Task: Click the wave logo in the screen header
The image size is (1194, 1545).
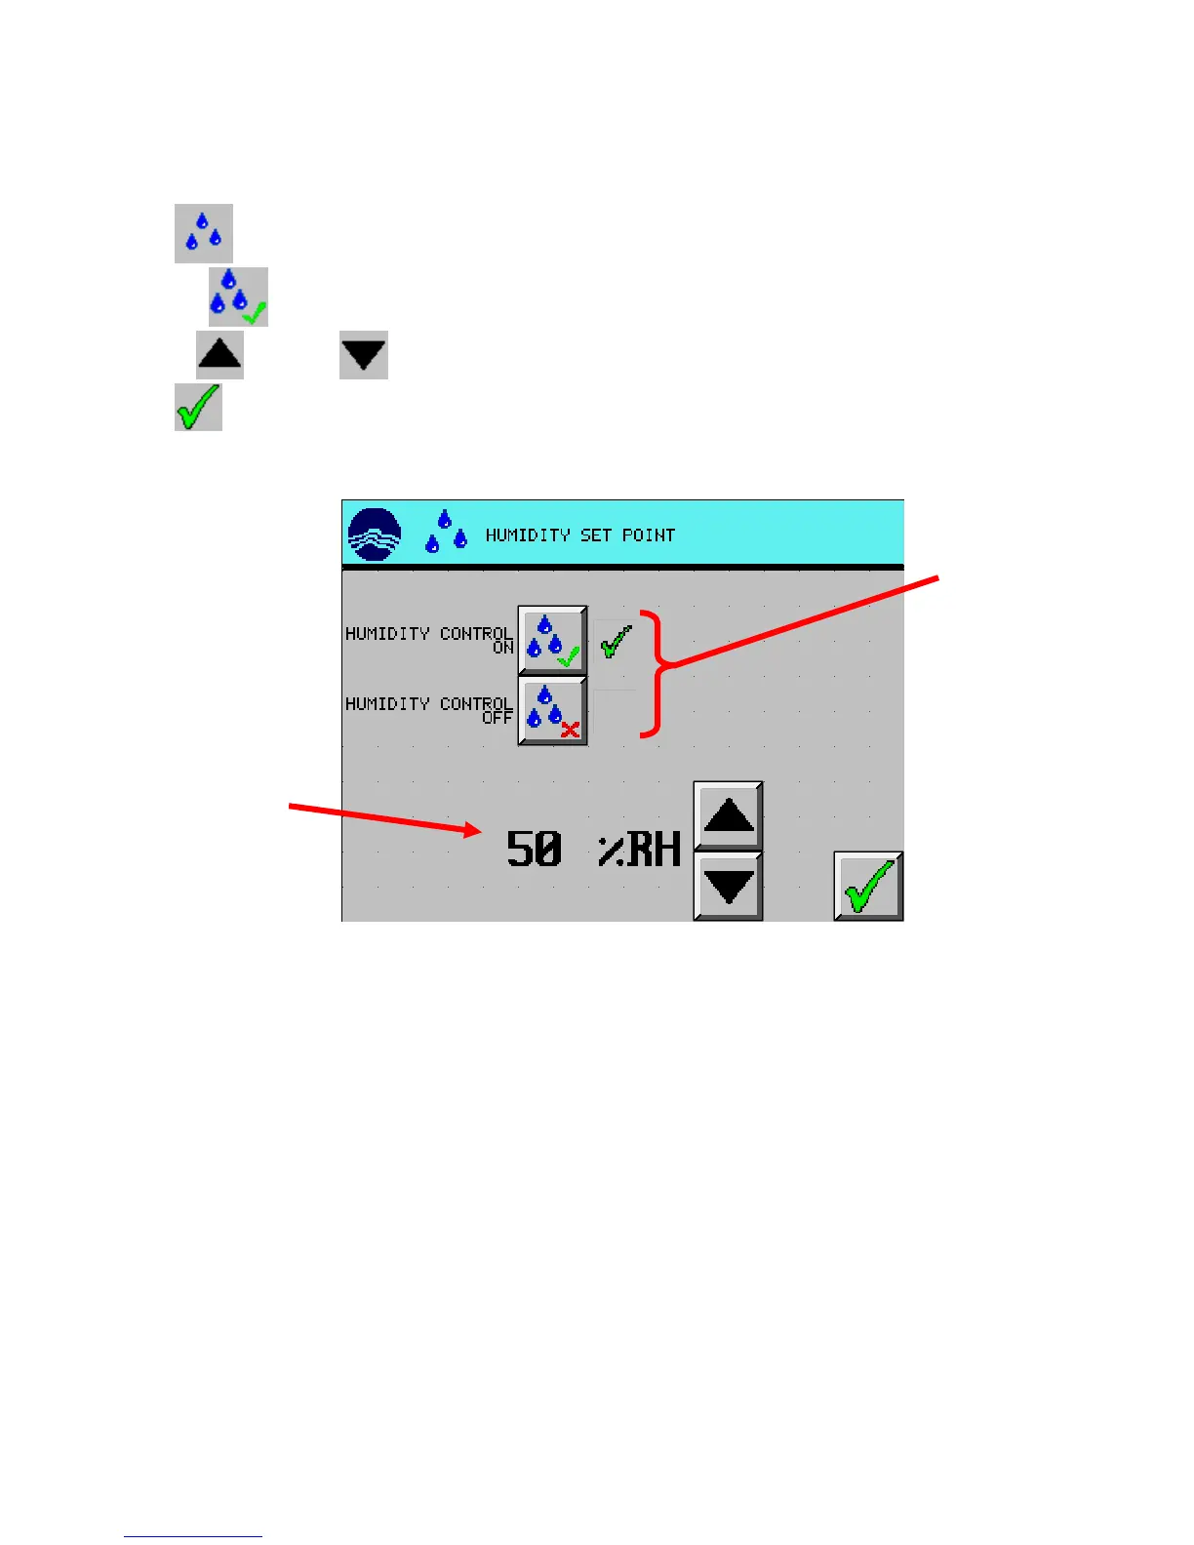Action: point(375,535)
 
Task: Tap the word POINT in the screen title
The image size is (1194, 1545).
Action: point(649,535)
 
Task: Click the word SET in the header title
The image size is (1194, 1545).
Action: point(595,535)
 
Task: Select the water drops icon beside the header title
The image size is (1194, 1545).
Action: point(446,532)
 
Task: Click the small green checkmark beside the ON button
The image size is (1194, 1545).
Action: point(616,642)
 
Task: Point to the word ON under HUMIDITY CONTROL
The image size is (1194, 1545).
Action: point(503,648)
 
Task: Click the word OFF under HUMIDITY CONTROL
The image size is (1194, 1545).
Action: point(497,718)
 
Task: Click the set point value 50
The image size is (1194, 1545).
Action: point(534,849)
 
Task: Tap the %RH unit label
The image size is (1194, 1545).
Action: point(639,850)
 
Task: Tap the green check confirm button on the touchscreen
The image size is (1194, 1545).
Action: point(868,886)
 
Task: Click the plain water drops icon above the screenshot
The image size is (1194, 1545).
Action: point(204,233)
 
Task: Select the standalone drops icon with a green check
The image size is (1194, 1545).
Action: point(238,297)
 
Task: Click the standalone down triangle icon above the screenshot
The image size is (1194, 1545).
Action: point(364,354)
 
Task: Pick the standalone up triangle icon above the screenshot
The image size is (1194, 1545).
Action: point(219,354)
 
